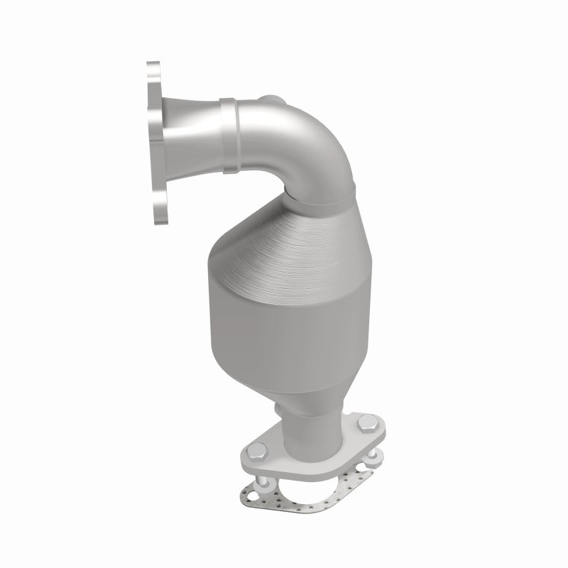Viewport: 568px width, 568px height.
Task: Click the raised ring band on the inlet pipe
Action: tap(231, 135)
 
